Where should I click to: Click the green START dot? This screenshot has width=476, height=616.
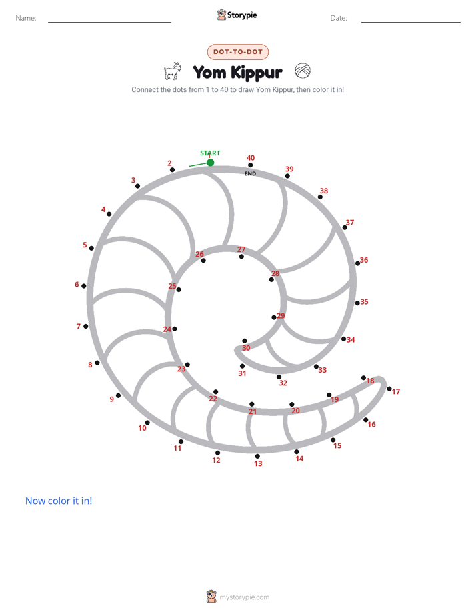pyautogui.click(x=211, y=162)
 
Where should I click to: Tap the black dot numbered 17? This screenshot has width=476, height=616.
pyautogui.click(x=389, y=389)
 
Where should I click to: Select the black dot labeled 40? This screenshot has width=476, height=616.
pyautogui.click(x=250, y=165)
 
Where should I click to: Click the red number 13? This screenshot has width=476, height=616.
pyautogui.click(x=258, y=463)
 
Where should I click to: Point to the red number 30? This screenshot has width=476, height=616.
pyautogui.click(x=246, y=348)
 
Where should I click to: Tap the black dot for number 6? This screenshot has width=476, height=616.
pyautogui.click(x=83, y=286)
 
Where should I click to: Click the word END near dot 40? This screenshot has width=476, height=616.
pyautogui.click(x=250, y=173)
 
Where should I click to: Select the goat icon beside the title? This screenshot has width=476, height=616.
pyautogui.click(x=173, y=71)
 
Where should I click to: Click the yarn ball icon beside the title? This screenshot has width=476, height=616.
pyautogui.click(x=303, y=71)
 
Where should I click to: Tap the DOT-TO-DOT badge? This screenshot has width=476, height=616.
pyautogui.click(x=238, y=52)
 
